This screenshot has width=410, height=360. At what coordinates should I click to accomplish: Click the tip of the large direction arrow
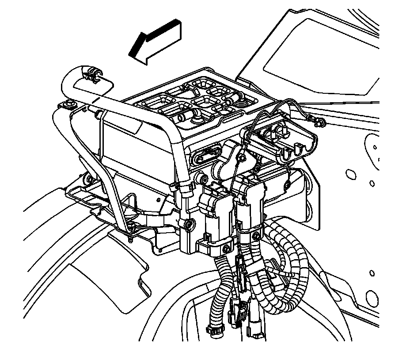tap(131, 54)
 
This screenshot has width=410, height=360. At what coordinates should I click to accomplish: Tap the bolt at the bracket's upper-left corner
tap(69, 105)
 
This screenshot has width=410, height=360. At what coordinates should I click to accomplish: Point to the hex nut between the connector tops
tap(242, 157)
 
